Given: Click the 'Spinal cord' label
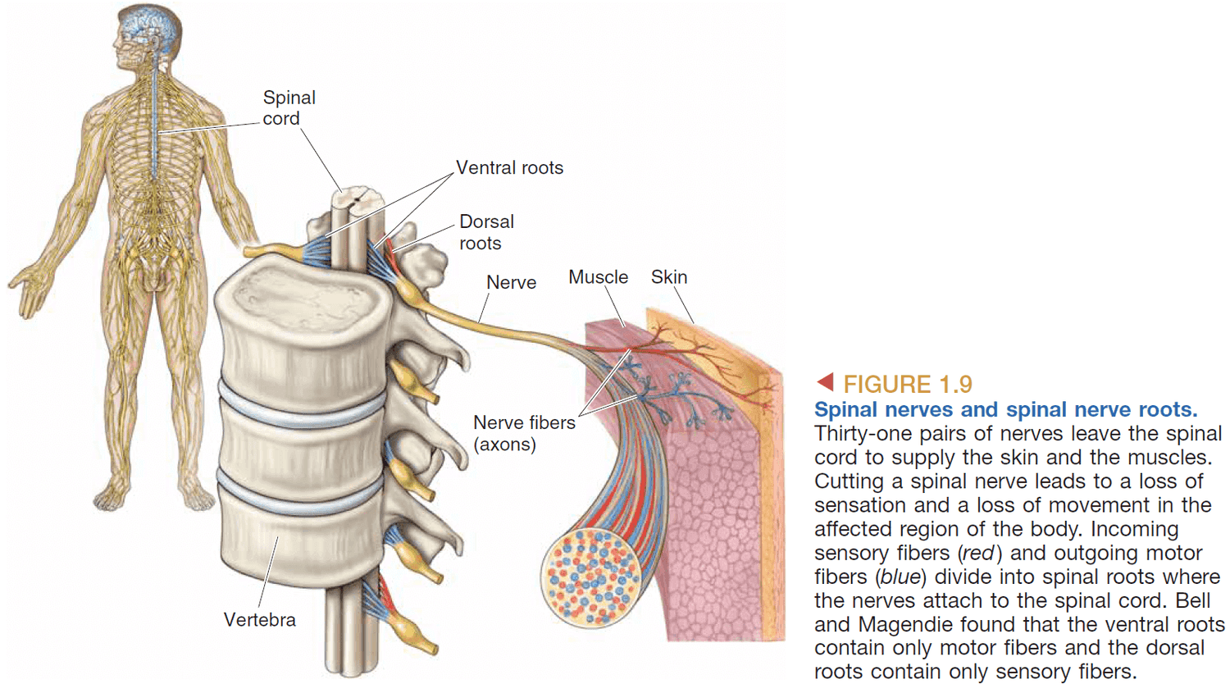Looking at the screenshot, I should tap(289, 107).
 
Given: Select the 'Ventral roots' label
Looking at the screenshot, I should tap(509, 168).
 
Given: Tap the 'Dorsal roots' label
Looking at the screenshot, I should tap(485, 232).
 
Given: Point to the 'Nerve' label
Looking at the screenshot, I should tap(511, 283).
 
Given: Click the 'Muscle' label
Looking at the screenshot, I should tap(598, 277).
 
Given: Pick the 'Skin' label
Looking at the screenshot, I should tap(668, 277).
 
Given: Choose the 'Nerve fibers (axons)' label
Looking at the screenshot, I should tap(523, 433).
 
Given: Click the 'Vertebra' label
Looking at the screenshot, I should tap(259, 620).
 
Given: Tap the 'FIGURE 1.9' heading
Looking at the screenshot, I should tap(907, 384).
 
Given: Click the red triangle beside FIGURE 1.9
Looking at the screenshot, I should tap(826, 381).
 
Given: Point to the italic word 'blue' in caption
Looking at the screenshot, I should tap(900, 577).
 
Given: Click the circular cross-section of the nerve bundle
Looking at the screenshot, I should tap(590, 577).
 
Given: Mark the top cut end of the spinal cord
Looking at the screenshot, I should tap(359, 197).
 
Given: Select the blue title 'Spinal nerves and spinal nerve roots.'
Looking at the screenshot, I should tap(1005, 409).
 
